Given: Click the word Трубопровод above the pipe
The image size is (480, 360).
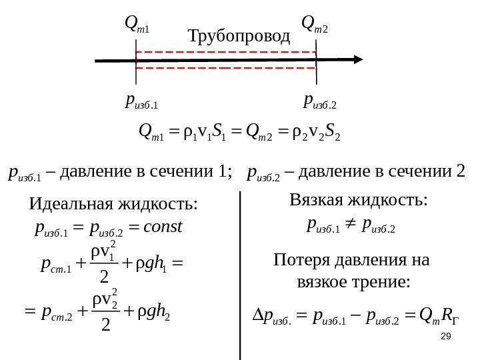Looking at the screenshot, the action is [x=239, y=35].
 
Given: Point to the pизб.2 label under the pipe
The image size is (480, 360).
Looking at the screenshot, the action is [x=320, y=101].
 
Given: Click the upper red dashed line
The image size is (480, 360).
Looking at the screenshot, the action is [x=225, y=51].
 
